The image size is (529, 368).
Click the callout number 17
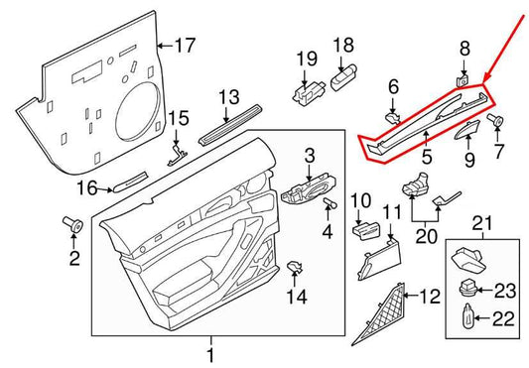tap(186, 46)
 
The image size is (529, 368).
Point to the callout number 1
tap(209, 353)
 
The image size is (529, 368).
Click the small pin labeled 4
tap(331, 203)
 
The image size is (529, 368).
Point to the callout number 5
tap(427, 157)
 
